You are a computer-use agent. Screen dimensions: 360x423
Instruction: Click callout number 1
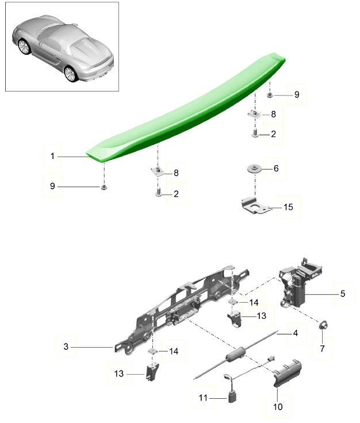pyautogui.click(x=52, y=156)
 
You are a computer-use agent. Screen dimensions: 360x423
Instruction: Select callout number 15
pyautogui.click(x=288, y=207)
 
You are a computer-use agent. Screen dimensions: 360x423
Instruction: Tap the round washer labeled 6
pyautogui.click(x=254, y=169)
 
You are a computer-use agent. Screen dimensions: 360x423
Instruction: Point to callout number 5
pyautogui.click(x=343, y=294)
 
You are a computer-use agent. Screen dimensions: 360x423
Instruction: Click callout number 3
pyautogui.click(x=66, y=346)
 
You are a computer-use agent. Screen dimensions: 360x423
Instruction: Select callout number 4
pyautogui.click(x=296, y=333)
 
